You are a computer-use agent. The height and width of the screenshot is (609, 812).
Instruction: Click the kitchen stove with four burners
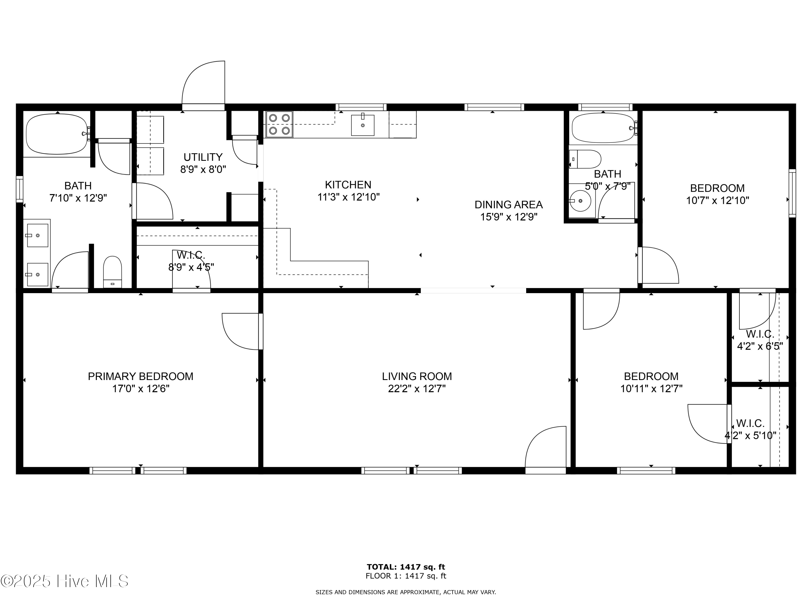279,125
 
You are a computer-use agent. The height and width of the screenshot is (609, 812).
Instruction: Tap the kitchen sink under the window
363,125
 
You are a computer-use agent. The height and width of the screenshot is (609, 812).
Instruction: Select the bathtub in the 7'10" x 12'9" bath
57,134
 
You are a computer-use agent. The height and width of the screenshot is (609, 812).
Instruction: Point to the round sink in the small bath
580,201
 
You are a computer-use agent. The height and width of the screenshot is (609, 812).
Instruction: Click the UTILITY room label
203,157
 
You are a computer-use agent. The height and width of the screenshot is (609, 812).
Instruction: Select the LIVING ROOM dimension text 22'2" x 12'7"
417,389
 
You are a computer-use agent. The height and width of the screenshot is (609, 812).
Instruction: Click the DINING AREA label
509,204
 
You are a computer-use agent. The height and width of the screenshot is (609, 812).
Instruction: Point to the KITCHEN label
348,185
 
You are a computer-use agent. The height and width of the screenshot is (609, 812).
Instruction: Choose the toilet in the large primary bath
112,272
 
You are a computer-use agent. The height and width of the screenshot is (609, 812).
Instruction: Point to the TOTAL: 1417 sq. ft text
406,567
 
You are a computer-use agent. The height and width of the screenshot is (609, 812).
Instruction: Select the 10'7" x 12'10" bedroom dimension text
718,201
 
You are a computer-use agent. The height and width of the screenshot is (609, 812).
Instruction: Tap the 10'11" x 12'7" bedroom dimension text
651,389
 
